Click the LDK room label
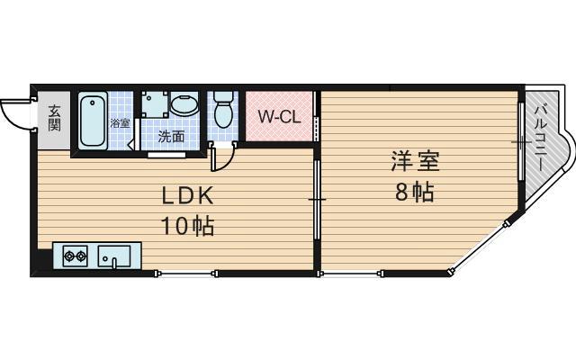pyautogui.click(x=187, y=195)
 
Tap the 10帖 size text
pyautogui.click(x=187, y=226)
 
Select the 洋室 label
pyautogui.click(x=415, y=163)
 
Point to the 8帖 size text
pyautogui.click(x=414, y=193)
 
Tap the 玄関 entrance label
pyautogui.click(x=54, y=117)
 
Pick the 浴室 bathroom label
pyautogui.click(x=120, y=122)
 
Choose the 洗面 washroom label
pyautogui.click(x=171, y=137)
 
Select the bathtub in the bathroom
pyautogui.click(x=91, y=121)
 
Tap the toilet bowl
pyautogui.click(x=223, y=110)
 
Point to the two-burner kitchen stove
pyautogui.click(x=75, y=256)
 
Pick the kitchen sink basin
pyautogui.click(x=113, y=256)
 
